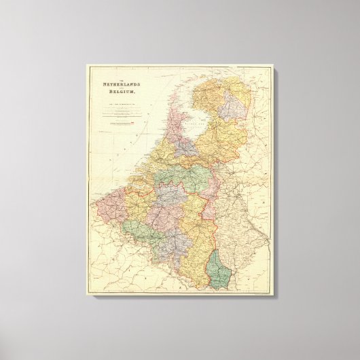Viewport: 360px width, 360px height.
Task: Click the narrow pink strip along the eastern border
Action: click(x=210, y=204)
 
